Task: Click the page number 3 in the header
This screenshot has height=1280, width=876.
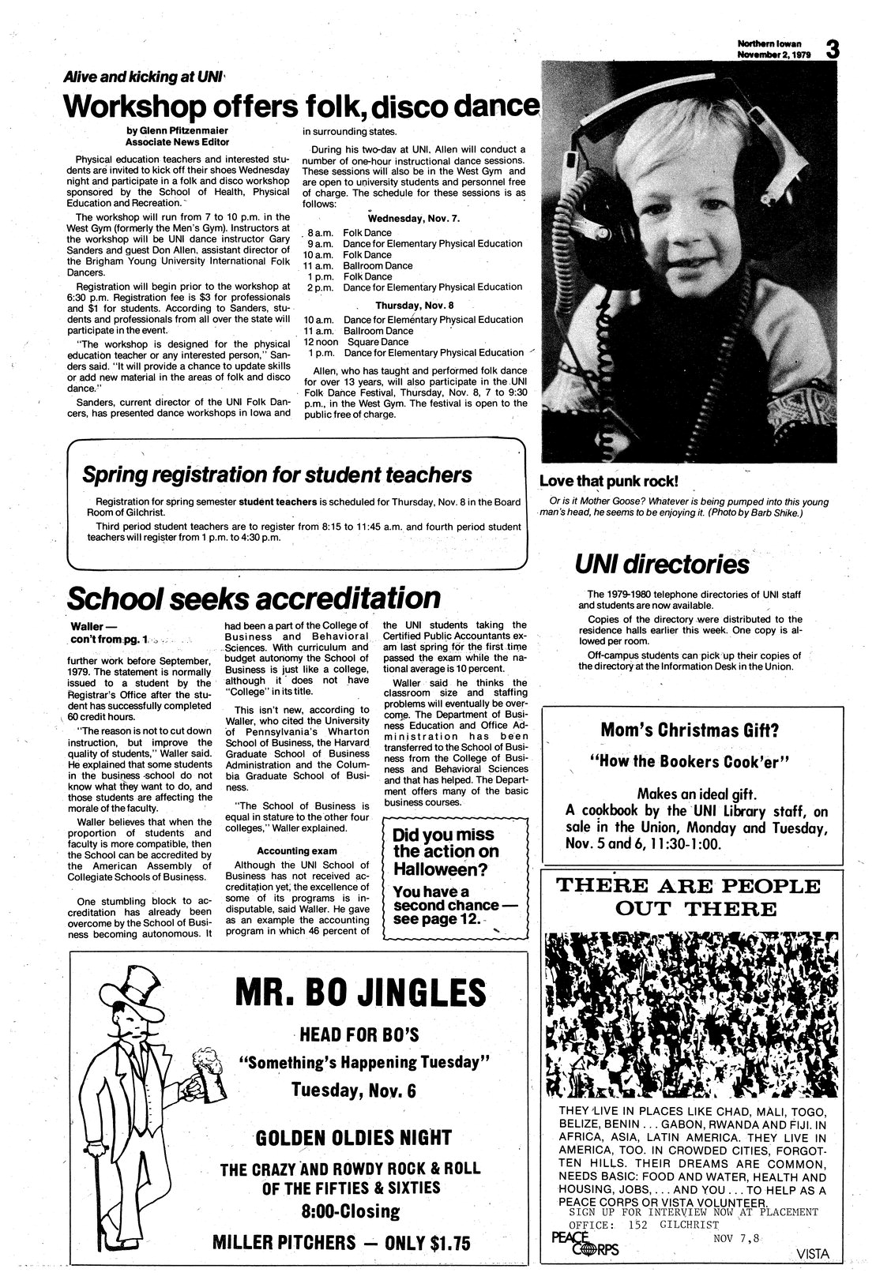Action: point(831,50)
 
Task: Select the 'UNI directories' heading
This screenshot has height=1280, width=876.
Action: point(661,564)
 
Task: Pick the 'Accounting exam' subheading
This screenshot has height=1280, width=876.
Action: point(296,851)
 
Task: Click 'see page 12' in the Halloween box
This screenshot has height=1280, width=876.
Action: point(437,920)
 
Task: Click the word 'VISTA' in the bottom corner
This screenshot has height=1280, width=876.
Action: point(814,1253)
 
